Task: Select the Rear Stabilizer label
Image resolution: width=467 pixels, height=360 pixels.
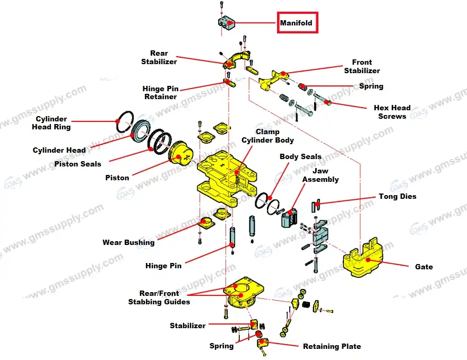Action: coord(159,57)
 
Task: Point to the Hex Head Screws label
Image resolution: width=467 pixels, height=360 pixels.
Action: coord(392,112)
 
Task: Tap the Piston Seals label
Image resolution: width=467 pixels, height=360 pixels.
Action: coord(77,164)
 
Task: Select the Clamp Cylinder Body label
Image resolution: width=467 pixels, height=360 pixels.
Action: coord(267,136)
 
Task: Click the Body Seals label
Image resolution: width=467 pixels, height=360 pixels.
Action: coord(300,156)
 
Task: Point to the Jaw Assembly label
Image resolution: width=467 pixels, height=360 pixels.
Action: coord(320,175)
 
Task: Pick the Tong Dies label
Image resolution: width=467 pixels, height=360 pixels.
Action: coord(397,196)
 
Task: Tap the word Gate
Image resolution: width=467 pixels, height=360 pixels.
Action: coord(424,266)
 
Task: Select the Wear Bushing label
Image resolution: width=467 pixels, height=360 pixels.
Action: coord(128,242)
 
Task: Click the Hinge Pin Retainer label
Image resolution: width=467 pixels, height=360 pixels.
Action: coord(160,93)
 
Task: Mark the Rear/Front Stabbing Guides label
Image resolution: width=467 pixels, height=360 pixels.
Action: coord(159,298)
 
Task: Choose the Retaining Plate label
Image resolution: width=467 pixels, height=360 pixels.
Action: coord(332,346)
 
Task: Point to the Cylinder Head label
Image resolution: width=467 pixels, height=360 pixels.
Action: coord(59,150)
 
